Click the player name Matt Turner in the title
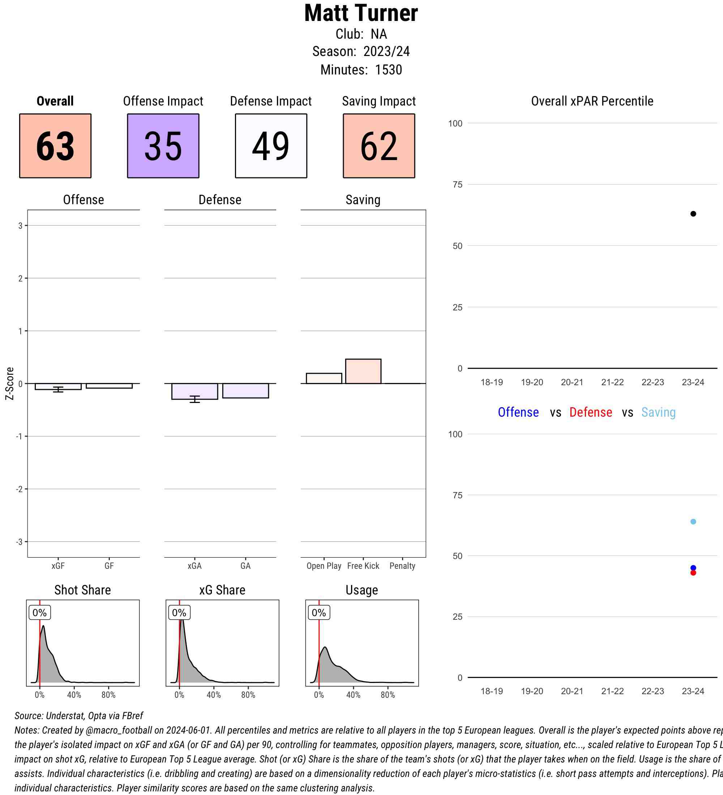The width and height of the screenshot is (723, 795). (361, 13)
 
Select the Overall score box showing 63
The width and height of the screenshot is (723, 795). (55, 146)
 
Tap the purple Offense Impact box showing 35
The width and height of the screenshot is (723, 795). (163, 146)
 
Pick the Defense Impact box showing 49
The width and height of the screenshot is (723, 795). (271, 146)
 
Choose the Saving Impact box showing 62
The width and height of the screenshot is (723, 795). (378, 146)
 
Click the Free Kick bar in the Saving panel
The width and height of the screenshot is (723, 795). (363, 371)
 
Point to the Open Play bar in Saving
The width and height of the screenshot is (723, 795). (324, 378)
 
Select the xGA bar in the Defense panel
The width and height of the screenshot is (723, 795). (194, 391)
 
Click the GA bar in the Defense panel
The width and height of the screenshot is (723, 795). (245, 390)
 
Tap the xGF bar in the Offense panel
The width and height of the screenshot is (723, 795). (58, 386)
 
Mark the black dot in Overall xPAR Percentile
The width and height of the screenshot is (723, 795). (693, 214)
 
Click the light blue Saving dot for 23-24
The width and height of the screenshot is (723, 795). (693, 522)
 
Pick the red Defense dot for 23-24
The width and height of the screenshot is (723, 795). (693, 573)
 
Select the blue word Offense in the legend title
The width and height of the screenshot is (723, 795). (518, 412)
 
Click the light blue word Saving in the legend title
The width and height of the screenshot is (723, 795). (658, 412)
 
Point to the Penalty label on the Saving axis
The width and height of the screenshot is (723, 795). (402, 566)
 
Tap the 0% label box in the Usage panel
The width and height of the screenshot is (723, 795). (319, 613)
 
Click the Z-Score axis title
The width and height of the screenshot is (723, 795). (10, 383)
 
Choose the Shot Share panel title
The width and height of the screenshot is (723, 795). (82, 590)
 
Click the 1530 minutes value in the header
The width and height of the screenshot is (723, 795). (388, 70)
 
